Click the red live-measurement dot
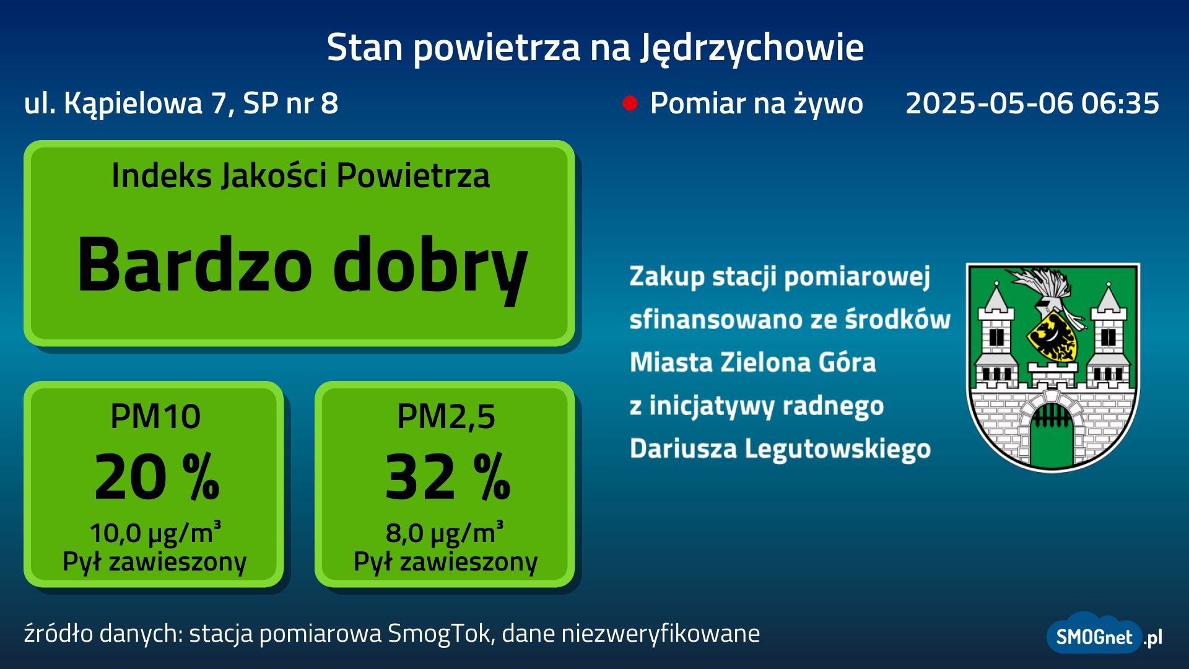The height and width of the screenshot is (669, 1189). coord(630,103)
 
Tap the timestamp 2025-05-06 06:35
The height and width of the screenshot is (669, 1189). coord(1032,103)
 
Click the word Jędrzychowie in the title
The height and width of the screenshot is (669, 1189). coord(752,48)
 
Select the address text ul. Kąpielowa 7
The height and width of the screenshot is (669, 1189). coord(129,104)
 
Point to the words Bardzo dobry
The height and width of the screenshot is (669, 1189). coord(302,266)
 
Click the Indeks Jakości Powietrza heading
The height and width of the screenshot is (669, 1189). coord(300,175)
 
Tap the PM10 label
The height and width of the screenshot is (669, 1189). coord(155,416)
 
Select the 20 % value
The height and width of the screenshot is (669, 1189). coord(157,476)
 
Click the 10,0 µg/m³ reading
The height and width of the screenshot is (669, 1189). coord(155,532)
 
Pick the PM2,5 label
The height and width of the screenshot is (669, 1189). coord(446,417)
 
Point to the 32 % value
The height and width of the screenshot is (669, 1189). coord(448,476)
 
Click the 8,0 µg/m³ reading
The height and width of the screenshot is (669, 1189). coord(445,532)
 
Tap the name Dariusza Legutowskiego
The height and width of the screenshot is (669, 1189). coord(780,448)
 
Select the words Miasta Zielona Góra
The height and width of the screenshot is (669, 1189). coord(753,362)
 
